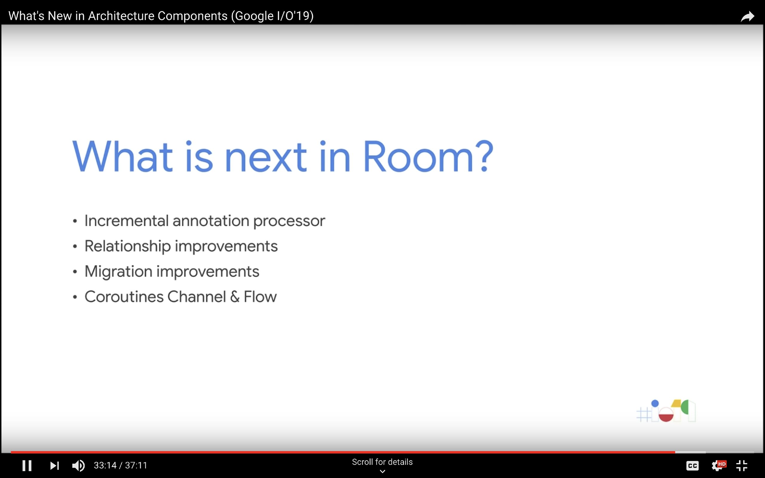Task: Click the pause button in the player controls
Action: click(27, 465)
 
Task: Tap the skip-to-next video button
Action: click(54, 465)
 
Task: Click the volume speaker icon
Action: click(78, 465)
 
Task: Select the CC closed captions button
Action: click(692, 466)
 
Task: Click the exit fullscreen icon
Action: click(742, 466)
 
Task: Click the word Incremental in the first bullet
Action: click(126, 221)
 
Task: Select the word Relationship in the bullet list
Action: click(128, 246)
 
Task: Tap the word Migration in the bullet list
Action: click(119, 272)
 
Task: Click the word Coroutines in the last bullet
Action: click(124, 297)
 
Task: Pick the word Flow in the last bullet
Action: click(260, 297)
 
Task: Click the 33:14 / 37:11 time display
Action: click(120, 465)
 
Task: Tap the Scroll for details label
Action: click(382, 462)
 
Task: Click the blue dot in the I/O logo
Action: click(655, 403)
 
